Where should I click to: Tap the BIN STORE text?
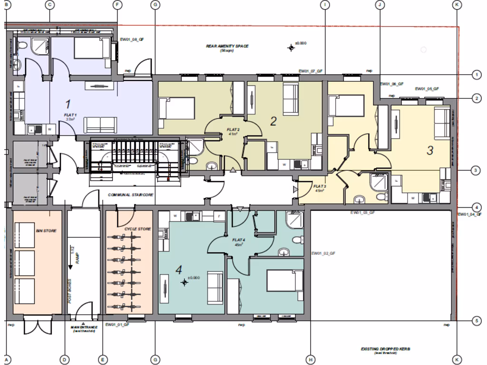tap(46, 231)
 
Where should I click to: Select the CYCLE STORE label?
tap(137, 229)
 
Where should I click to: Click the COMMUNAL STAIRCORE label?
tap(130, 195)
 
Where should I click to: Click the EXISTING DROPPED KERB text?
tap(385, 350)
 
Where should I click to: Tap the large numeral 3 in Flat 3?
tap(429, 151)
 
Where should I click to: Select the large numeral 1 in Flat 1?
tap(68, 104)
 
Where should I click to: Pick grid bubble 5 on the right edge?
tap(477, 321)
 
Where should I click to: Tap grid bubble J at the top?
tap(379, 4)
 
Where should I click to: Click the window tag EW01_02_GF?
tap(324, 254)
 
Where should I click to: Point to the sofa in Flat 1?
tap(100, 125)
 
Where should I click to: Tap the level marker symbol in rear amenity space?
tap(291, 47)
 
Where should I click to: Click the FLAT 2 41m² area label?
tap(233, 131)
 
